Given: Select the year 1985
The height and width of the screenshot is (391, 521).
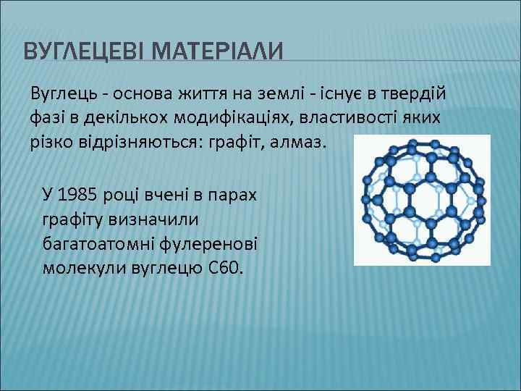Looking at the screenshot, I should (x=78, y=194).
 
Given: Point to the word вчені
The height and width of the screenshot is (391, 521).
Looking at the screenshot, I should (x=166, y=194).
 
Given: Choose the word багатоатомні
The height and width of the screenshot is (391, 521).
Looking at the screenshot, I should (x=96, y=243).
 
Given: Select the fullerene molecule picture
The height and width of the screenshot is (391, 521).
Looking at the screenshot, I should (x=422, y=200).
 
